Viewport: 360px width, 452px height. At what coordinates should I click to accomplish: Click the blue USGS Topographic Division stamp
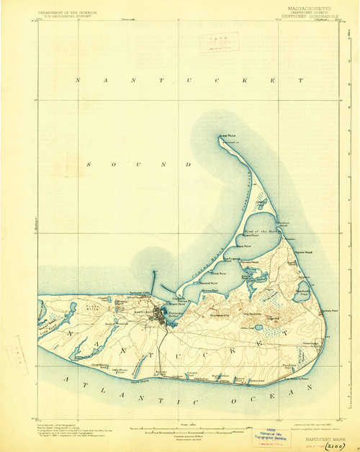267,435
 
